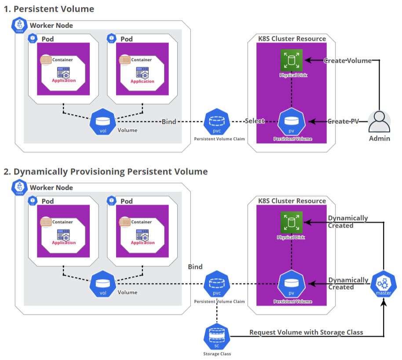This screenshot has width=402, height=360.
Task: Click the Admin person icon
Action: pyautogui.click(x=379, y=122)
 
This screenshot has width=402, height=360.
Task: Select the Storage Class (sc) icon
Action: pyautogui.click(x=217, y=337)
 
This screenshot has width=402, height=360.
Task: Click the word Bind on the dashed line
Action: pyautogui.click(x=169, y=121)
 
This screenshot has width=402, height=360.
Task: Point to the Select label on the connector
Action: pyautogui.click(x=255, y=121)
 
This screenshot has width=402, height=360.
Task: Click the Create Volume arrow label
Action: pyautogui.click(x=347, y=60)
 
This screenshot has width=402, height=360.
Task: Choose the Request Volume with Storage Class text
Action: pyautogui.click(x=306, y=332)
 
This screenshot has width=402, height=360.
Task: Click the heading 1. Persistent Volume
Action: pyautogui.click(x=49, y=9)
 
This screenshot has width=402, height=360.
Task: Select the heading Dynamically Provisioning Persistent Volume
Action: pyautogui.click(x=106, y=171)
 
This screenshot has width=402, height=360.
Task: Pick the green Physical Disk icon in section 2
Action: pyautogui.click(x=291, y=222)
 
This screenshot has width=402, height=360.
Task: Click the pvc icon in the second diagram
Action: pyautogui.click(x=217, y=285)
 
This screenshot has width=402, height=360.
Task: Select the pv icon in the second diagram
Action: pyautogui.click(x=291, y=285)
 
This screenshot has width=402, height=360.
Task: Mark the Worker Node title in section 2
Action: pyautogui.click(x=51, y=188)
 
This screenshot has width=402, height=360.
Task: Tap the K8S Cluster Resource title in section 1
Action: pyautogui.click(x=292, y=39)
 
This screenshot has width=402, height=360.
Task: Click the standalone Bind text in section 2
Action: pyautogui.click(x=195, y=267)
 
